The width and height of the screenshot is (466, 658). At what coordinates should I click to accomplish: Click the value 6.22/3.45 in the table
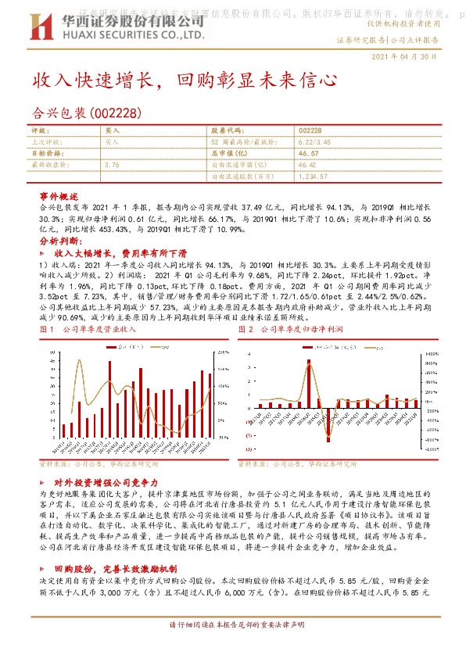click(x=315, y=142)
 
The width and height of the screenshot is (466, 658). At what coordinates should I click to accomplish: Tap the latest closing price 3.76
click(x=111, y=166)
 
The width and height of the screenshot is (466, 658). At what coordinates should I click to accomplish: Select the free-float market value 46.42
click(x=309, y=166)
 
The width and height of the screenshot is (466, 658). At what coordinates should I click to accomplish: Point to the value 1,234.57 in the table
click(x=314, y=177)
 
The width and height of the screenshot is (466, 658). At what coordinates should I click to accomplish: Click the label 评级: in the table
click(x=40, y=131)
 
